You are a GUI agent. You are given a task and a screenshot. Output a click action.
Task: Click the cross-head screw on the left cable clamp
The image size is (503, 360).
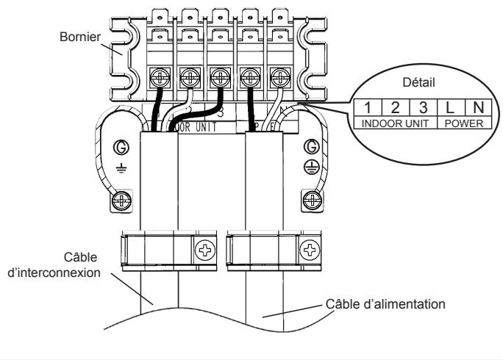point(201,251)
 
